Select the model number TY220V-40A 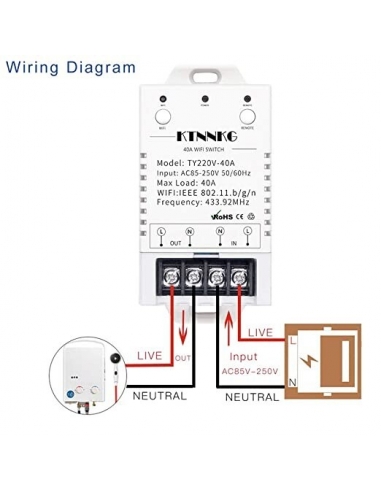tap(217, 161)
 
